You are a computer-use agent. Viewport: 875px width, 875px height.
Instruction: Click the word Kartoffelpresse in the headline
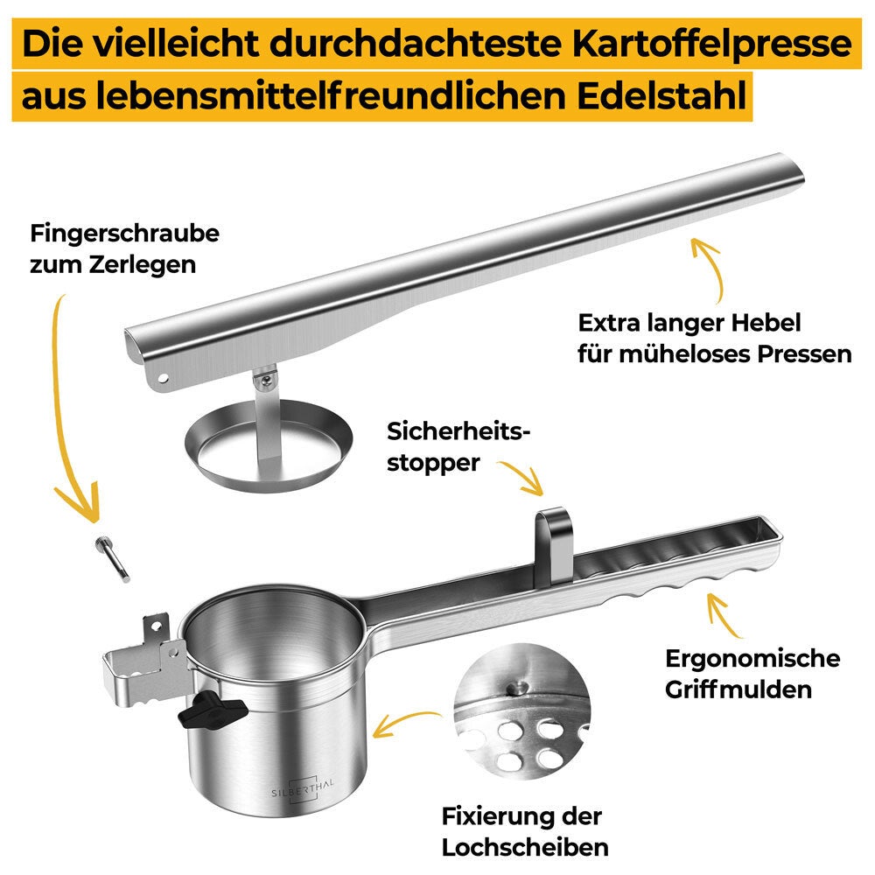(x=712, y=44)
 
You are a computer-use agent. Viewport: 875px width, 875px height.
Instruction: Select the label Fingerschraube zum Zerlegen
(x=124, y=248)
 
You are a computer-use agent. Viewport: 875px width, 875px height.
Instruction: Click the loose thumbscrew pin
(x=112, y=559)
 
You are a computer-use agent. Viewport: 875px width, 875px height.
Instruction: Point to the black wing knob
(x=212, y=709)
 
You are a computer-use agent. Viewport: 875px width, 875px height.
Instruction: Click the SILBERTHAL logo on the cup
(x=303, y=789)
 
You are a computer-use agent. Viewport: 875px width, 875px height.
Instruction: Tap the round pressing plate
(x=269, y=445)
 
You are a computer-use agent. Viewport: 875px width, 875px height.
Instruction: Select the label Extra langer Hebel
(x=689, y=323)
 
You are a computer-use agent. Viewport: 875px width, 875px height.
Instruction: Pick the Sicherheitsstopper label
(x=458, y=447)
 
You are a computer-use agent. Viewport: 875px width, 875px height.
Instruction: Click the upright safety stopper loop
(x=553, y=545)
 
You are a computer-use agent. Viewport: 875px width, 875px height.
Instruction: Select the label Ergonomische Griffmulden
(x=752, y=674)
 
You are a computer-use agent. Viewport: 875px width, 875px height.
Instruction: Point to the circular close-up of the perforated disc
(x=521, y=710)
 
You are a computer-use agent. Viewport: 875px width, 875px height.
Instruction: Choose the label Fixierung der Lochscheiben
(x=524, y=831)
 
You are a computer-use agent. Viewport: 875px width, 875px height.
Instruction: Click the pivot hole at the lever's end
(x=163, y=378)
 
